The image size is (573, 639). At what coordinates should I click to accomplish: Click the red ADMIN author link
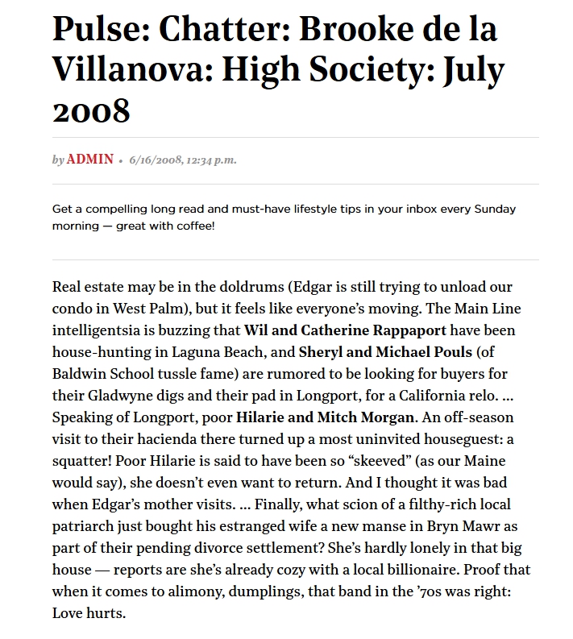tap(90, 160)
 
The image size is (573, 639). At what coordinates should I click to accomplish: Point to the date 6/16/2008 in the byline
tap(155, 160)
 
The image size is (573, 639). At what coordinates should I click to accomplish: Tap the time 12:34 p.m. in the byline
tap(211, 160)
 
